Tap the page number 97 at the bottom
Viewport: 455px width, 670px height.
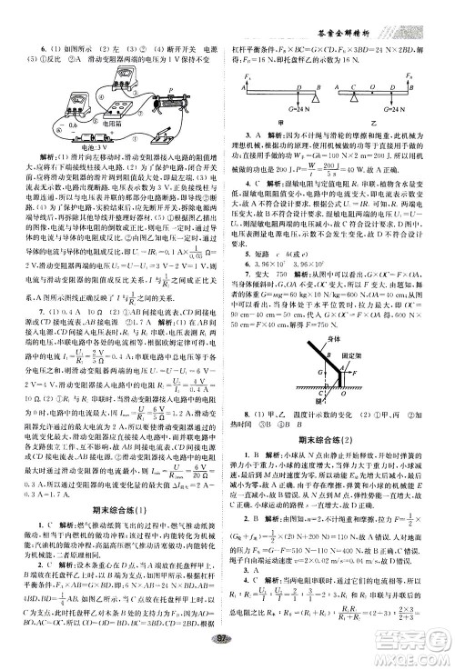pos(227,658)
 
